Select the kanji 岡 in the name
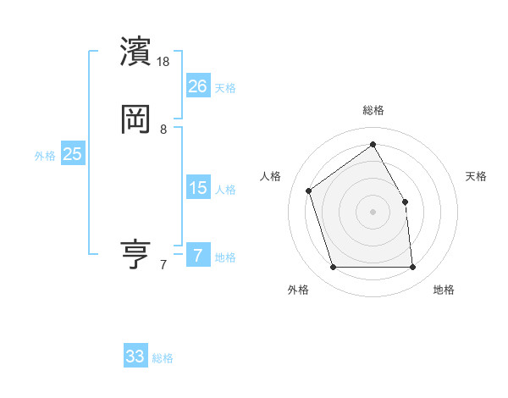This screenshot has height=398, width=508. coord(135,119)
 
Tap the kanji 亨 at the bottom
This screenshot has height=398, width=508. coord(135,254)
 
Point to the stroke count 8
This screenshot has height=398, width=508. coord(163,130)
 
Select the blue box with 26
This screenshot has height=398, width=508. coord(197,86)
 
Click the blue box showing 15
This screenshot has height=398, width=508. coord(197,188)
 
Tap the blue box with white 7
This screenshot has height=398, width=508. coord(197,256)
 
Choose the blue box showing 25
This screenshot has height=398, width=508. coord(73,154)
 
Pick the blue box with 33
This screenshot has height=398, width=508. coord(135,357)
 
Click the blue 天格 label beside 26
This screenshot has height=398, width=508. coord(225,88)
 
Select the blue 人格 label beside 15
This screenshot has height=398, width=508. coord(225,190)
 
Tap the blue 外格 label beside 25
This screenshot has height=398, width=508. coord(45,156)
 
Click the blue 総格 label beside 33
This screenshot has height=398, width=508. coord(163,358)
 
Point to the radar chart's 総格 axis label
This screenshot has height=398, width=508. coord(373,110)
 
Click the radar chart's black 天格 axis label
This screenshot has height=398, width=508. coord(476,176)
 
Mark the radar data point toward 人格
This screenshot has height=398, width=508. coord(310,191)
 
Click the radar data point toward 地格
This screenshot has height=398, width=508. coord(412,268)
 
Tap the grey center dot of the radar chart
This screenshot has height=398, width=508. coord(373,211)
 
